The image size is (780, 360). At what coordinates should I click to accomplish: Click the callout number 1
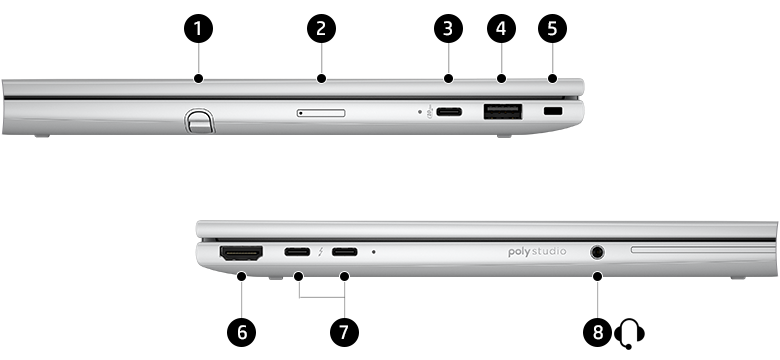coord(198,28)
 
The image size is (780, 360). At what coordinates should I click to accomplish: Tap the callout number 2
coord(321,28)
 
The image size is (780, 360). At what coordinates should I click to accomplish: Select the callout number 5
coord(552,28)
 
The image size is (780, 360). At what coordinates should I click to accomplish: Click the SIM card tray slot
coord(321,114)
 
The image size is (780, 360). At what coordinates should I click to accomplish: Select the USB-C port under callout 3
coord(447,114)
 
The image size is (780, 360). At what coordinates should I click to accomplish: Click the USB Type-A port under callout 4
coord(501,113)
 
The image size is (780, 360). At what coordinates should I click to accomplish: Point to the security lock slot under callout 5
coord(552,114)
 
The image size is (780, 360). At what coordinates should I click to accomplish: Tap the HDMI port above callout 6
coord(240,254)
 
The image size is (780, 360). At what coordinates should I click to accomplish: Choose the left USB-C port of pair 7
coord(298,252)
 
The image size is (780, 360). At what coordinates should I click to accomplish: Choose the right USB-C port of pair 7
coord(345,252)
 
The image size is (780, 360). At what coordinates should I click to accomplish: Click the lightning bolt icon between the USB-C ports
coord(321,253)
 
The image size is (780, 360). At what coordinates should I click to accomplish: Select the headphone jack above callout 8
coord(598,253)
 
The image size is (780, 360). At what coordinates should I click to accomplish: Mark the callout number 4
coord(501,28)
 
